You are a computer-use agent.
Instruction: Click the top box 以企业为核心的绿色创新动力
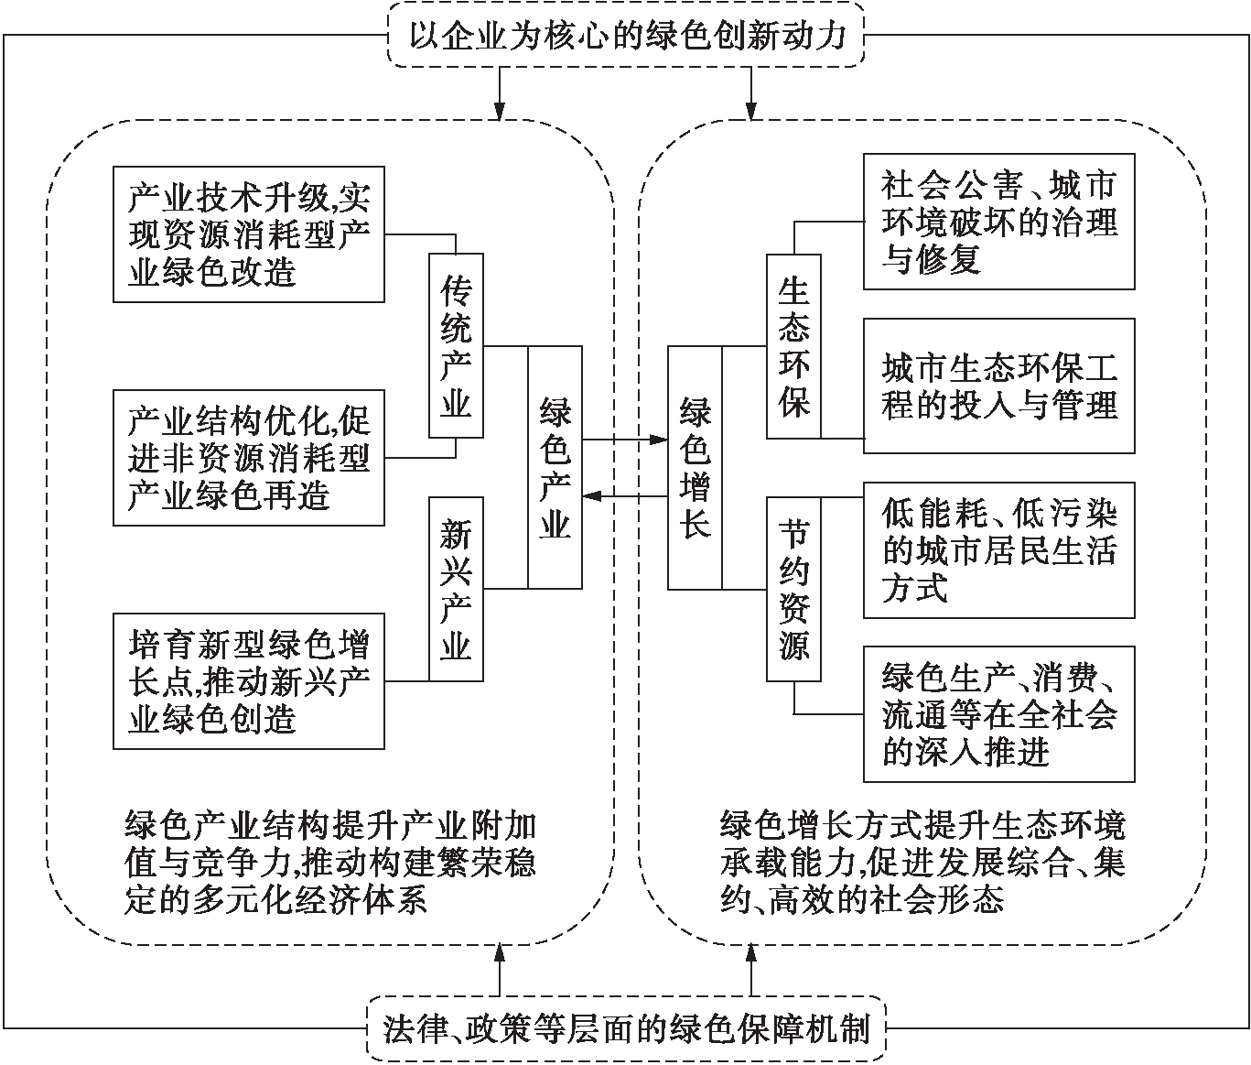(x=626, y=35)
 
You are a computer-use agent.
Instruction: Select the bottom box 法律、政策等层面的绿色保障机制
(x=626, y=1029)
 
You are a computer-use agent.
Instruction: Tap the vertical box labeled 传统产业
(x=456, y=345)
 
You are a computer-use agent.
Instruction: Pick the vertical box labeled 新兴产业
(x=456, y=589)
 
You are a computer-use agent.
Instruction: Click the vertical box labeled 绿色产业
(x=555, y=466)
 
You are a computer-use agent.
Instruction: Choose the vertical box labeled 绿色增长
(x=696, y=466)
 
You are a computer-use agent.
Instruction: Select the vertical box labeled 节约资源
(x=793, y=589)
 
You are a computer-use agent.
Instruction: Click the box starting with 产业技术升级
(x=248, y=234)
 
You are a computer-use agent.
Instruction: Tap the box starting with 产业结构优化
(x=248, y=458)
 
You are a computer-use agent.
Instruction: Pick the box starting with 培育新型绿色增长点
(x=248, y=681)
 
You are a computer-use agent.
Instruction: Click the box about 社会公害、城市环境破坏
(x=998, y=222)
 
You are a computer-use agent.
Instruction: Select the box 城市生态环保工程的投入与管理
(x=998, y=386)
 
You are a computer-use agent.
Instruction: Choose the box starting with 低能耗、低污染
(x=998, y=549)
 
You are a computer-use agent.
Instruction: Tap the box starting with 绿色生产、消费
(x=998, y=714)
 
